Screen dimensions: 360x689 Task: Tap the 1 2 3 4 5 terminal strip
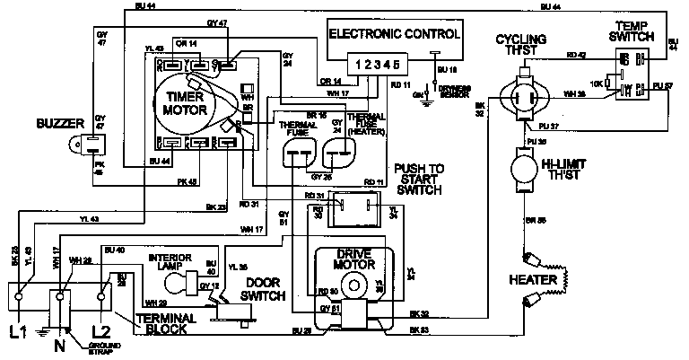pos(378,65)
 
